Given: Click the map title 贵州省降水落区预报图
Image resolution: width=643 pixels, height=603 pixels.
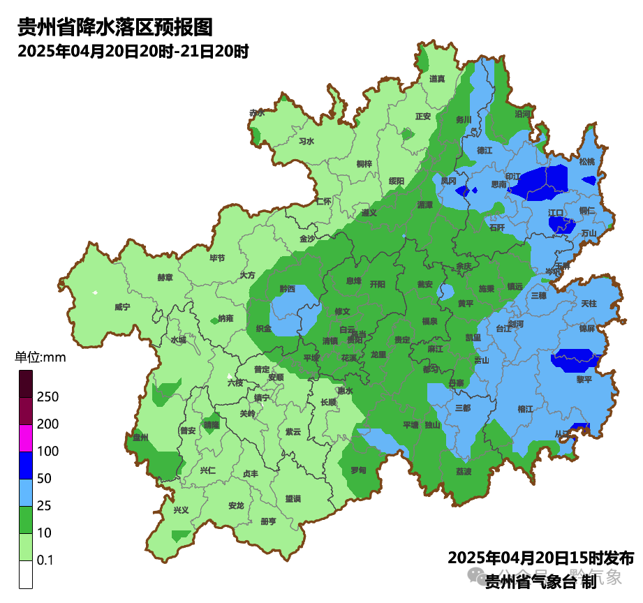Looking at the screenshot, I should coord(114,28).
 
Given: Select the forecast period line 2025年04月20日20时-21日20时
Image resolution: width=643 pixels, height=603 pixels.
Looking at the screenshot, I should coord(133,51).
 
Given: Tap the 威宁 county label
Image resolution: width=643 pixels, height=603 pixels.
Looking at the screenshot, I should coord(122,306).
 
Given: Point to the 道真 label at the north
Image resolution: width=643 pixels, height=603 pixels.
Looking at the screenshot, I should coord(438,79).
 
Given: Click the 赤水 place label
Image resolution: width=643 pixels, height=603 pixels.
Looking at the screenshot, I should coord(257,112).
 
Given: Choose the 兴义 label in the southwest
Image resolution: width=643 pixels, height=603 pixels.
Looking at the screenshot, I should coord(181,509).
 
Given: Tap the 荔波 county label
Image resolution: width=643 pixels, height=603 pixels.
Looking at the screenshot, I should coord(464,471).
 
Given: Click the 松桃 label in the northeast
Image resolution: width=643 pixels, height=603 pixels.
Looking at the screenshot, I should coord(587,162).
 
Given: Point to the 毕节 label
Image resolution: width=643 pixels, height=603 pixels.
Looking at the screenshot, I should coord(217,258).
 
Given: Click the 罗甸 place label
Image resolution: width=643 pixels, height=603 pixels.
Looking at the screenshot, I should coord(358,470).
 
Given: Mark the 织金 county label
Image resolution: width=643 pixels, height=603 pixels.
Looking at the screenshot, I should coord(263,327).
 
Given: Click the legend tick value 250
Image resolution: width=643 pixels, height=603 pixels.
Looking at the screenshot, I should coord(47,397).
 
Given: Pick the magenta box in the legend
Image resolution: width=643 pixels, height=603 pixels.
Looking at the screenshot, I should coord(26,438).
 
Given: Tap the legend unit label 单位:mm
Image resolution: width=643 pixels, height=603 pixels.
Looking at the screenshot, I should coord(40,358).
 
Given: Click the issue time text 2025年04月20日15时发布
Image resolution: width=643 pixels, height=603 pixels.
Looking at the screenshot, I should coord(540,558).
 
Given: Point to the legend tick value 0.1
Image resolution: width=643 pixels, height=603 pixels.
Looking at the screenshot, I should coord(45,560).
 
